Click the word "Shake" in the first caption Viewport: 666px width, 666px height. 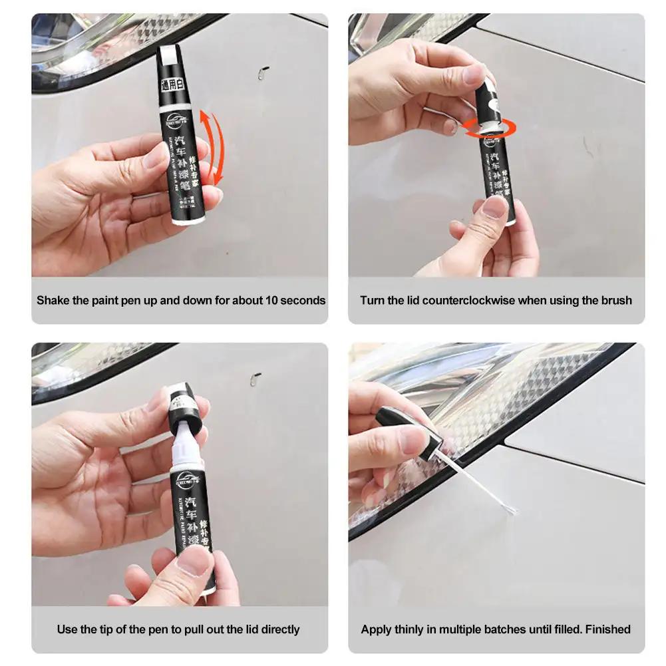click(x=53, y=300)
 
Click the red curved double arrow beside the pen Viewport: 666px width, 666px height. click(x=212, y=148)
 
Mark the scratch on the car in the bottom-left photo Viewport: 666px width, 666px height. click(x=255, y=379)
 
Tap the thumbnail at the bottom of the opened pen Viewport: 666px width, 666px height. click(x=194, y=562)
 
